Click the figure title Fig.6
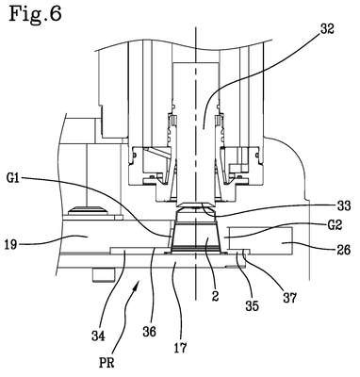tap(35, 14)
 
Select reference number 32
tap(327, 28)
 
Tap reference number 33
tap(342, 206)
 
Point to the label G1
tap(14, 179)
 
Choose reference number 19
tap(10, 244)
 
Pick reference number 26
tap(343, 250)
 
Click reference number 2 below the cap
tap(215, 296)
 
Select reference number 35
tap(252, 305)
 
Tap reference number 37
tap(289, 297)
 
